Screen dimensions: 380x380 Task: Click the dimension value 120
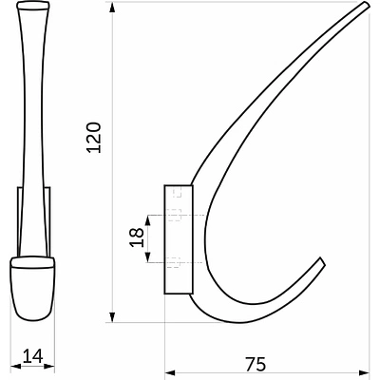[x=94, y=137]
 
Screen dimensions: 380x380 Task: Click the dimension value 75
[x=256, y=364]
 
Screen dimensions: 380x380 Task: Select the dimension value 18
[x=137, y=237]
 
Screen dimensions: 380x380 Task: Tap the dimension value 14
[x=32, y=357]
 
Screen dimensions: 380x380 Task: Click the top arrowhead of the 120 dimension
[x=112, y=8]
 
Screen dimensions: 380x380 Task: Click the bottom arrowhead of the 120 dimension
[x=112, y=317]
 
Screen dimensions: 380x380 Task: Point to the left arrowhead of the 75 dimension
[x=170, y=371]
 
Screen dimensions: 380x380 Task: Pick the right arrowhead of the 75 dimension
[x=364, y=371]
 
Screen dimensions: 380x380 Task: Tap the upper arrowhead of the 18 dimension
[x=148, y=220]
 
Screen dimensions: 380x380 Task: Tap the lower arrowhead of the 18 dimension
[x=148, y=257]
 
